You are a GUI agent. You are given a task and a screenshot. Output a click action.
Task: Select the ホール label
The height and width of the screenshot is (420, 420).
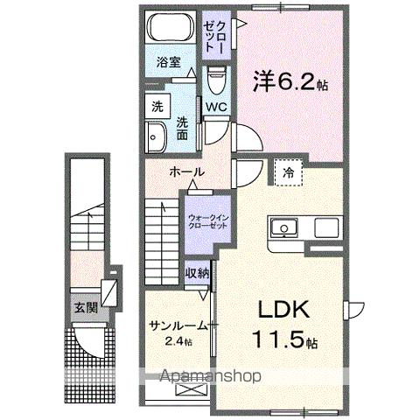186,171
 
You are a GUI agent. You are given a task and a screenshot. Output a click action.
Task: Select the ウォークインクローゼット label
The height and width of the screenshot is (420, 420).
207,218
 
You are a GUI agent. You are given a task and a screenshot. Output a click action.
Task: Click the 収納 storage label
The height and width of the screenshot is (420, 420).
197,272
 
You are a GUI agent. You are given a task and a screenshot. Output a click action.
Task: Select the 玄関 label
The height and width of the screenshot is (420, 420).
85,307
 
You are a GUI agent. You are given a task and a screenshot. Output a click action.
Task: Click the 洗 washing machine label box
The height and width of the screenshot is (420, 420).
157,106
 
